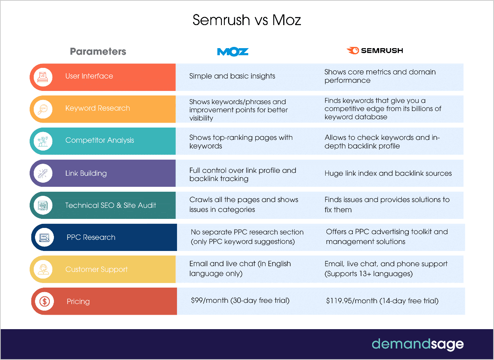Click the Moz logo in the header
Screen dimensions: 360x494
(233, 51)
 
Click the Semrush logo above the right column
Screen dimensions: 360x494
(375, 51)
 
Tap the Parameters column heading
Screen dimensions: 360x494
(98, 51)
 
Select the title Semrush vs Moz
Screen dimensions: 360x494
(247, 20)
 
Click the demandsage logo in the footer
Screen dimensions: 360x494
(417, 344)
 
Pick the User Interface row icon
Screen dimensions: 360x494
(43, 77)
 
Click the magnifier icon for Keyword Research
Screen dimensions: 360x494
(43, 109)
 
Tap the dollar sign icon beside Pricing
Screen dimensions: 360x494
(44, 302)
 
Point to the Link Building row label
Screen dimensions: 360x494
(86, 173)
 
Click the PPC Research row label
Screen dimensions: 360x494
(91, 237)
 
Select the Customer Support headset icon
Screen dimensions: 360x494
(43, 269)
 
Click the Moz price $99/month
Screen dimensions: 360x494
(240, 301)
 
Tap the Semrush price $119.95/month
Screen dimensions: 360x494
(382, 301)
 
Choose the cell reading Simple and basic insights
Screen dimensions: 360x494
(232, 76)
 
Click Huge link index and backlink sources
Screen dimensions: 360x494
(388, 173)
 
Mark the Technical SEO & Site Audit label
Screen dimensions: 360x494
(110, 205)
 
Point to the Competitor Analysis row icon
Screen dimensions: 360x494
(43, 141)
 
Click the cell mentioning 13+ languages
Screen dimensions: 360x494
(386, 269)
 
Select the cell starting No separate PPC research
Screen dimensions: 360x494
(247, 237)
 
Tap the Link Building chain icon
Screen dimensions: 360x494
(43, 173)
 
